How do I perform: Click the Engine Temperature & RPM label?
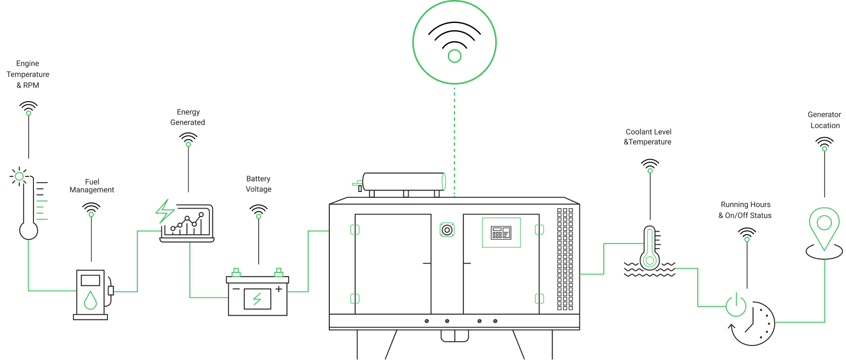coord(28,75)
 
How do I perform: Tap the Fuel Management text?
coord(92,186)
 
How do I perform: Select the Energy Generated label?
coord(188,117)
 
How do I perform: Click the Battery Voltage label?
coord(258,184)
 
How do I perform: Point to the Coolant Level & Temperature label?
coord(648,137)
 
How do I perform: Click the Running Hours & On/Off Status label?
coord(745,210)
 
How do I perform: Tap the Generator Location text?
coord(824,120)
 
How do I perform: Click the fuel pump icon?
coord(91,293)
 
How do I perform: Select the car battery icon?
coord(257,296)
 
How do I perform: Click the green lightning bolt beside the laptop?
coord(164,211)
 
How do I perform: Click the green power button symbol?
coord(736,305)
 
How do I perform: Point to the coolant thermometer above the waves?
coord(649,248)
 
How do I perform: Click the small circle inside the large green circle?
coord(455,56)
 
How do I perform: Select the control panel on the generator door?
coord(501,233)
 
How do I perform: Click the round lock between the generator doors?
coord(447,230)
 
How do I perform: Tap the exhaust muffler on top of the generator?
coord(402,182)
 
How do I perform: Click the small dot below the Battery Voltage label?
coord(258,216)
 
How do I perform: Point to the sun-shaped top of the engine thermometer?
coord(19,176)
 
